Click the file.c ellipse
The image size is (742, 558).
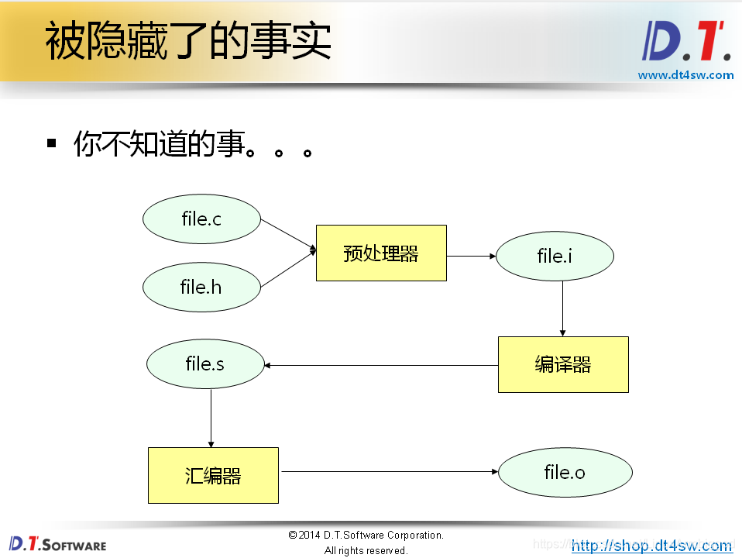click(x=201, y=219)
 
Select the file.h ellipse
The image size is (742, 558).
click(x=201, y=287)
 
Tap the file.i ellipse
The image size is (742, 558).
click(x=555, y=256)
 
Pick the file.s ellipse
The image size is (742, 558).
click(x=205, y=363)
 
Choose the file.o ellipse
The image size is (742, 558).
click(x=565, y=471)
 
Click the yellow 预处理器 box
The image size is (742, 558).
click(x=381, y=253)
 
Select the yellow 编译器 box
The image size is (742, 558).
click(x=563, y=364)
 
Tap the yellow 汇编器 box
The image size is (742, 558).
click(x=213, y=475)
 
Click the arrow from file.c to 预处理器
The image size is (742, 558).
click(x=288, y=235)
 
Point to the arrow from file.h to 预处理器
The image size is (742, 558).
click(x=288, y=270)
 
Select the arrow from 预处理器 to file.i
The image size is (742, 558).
click(x=471, y=255)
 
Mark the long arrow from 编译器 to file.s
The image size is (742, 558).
click(x=380, y=365)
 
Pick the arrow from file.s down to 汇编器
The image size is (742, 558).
click(x=211, y=417)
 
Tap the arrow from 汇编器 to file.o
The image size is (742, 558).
click(x=387, y=471)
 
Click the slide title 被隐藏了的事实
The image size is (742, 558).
click(x=188, y=42)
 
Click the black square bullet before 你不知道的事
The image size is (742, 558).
click(x=52, y=143)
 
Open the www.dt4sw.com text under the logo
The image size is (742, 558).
click(x=685, y=75)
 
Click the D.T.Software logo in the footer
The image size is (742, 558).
click(x=57, y=543)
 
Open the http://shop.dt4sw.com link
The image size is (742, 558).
click(x=651, y=546)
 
